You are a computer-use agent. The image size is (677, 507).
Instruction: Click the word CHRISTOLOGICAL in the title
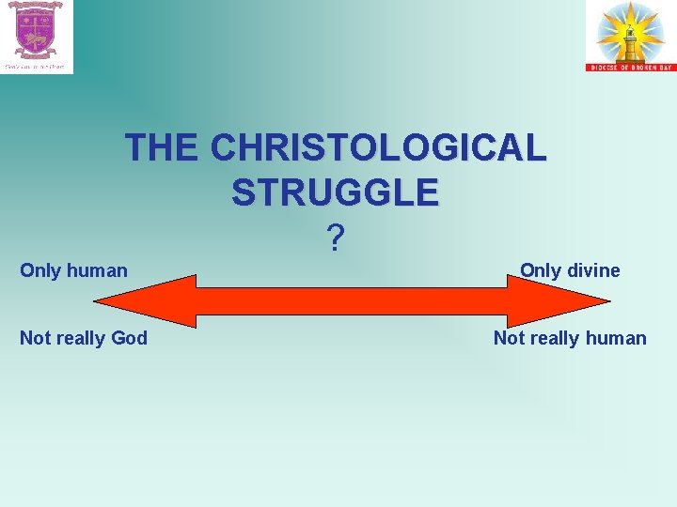[x=378, y=147]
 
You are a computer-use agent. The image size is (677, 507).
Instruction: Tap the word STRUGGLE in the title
[x=335, y=192]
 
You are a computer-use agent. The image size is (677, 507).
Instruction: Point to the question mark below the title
[x=335, y=239]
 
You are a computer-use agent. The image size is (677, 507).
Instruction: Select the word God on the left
[x=129, y=338]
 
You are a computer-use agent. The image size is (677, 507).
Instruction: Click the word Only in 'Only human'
[x=39, y=271]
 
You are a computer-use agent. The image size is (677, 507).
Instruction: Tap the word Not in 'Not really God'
[x=35, y=338]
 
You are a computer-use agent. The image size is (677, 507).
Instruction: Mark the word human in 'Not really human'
[x=615, y=338]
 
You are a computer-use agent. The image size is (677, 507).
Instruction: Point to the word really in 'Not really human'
[x=554, y=338]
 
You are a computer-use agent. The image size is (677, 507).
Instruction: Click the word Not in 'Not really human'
[x=509, y=338]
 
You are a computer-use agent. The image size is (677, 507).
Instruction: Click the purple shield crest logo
[x=36, y=30]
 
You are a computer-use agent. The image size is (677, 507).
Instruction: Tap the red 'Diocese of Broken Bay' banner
[x=629, y=67]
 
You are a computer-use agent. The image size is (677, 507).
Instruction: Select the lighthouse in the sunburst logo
[x=630, y=36]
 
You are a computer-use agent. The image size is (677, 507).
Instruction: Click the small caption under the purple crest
[x=35, y=67]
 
